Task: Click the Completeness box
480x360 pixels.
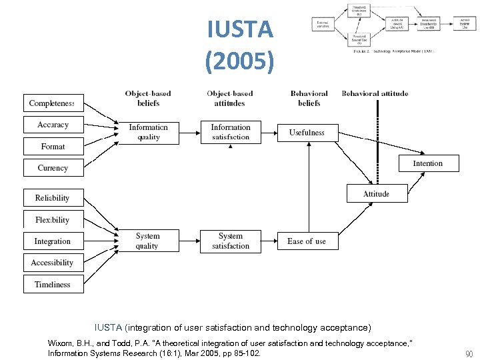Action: pyautogui.click(x=53, y=103)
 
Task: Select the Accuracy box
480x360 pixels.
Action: pyautogui.click(x=53, y=125)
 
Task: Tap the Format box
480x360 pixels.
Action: pyautogui.click(x=53, y=146)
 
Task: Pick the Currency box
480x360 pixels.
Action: pyautogui.click(x=53, y=168)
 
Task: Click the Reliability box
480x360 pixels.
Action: pyautogui.click(x=53, y=198)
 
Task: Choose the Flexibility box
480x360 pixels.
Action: pyautogui.click(x=53, y=219)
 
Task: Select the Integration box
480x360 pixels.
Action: pyautogui.click(x=53, y=241)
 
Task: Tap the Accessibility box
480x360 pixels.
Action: pyautogui.click(x=53, y=263)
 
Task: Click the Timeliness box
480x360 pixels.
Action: pyautogui.click(x=53, y=284)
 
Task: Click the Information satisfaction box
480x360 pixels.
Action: pyautogui.click(x=231, y=132)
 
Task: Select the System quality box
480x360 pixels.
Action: pyautogui.click(x=148, y=241)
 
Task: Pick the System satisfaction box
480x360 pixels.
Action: pyautogui.click(x=231, y=241)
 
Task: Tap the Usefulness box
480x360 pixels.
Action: pyautogui.click(x=307, y=133)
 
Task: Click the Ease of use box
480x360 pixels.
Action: pyautogui.click(x=307, y=241)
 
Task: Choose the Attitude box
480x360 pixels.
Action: pyautogui.click(x=377, y=193)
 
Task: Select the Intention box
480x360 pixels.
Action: pyautogui.click(x=428, y=163)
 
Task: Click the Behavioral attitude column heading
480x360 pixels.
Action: pyautogui.click(x=375, y=94)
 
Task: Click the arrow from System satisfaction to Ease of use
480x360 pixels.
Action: pyautogui.click(x=269, y=241)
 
